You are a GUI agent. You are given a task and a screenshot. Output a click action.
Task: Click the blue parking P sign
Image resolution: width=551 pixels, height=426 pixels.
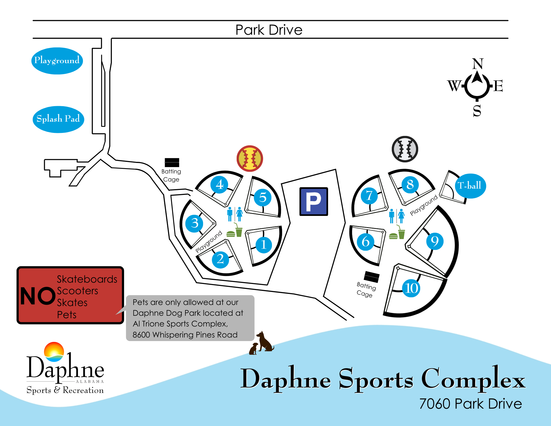314,201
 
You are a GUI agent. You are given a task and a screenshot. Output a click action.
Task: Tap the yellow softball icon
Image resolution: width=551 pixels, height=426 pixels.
250,159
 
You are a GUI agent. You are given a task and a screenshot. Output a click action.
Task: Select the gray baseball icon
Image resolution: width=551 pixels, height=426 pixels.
405,149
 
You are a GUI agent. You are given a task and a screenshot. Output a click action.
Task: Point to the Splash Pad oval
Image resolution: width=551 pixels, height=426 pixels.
58,119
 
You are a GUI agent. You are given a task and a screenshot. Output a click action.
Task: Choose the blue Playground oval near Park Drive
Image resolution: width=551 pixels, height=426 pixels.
57,61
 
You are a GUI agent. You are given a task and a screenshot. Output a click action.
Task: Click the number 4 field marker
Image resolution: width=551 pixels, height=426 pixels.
219,184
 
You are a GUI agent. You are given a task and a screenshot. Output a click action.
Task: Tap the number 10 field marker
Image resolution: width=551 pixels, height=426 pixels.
411,288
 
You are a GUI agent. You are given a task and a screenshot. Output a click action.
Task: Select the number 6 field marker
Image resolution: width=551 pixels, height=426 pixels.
365,242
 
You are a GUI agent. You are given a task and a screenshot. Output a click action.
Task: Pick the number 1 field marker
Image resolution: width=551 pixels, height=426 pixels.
263,245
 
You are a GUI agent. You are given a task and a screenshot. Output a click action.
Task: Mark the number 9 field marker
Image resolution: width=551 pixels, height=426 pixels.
435,241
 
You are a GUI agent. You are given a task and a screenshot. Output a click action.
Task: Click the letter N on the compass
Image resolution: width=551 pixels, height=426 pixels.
478,64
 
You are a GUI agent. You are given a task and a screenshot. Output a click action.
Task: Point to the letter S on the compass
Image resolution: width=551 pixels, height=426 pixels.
477,111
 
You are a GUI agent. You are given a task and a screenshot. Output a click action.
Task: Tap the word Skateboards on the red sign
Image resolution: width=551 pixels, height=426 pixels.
87,279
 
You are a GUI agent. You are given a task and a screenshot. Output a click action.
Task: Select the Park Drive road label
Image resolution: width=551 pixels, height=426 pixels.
269,30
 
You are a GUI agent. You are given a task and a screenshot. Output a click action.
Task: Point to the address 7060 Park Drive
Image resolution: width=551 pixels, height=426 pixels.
471,404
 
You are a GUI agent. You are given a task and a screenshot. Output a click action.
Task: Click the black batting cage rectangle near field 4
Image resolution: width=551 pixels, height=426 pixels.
172,162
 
